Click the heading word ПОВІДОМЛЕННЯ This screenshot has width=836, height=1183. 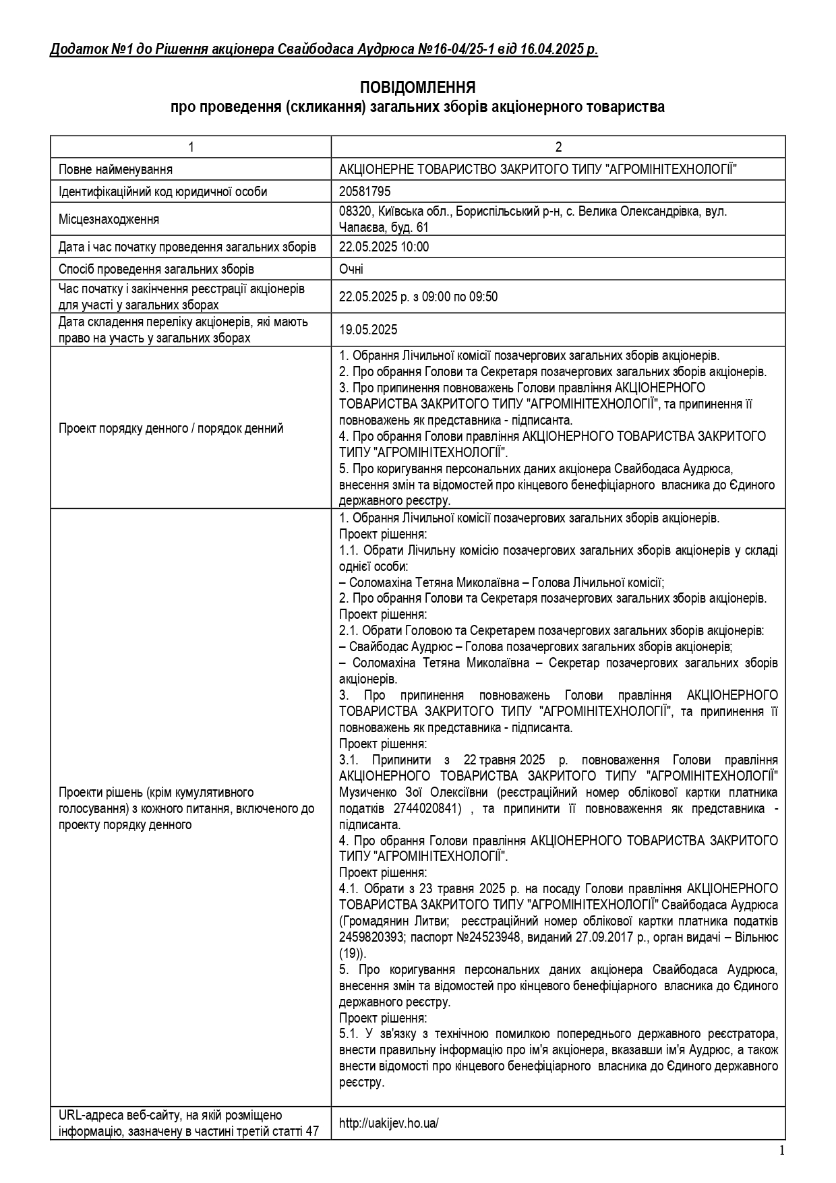pyautogui.click(x=417, y=88)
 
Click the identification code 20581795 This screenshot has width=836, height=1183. pyautogui.click(x=365, y=191)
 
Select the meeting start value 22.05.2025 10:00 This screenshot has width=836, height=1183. pyautogui.click(x=384, y=247)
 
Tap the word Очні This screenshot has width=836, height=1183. pyautogui.click(x=351, y=269)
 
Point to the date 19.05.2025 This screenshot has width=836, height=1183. pyautogui.click(x=368, y=330)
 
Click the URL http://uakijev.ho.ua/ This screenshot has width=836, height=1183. pyautogui.click(x=389, y=1123)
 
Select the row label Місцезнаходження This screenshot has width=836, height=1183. pyautogui.click(x=109, y=219)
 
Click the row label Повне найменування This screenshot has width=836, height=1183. pyautogui.click(x=115, y=169)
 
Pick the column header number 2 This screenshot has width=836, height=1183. pyautogui.click(x=558, y=147)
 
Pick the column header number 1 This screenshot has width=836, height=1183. pyautogui.click(x=191, y=147)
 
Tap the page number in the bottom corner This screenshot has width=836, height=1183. pyautogui.click(x=781, y=1151)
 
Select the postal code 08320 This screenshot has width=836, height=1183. pyautogui.click(x=354, y=211)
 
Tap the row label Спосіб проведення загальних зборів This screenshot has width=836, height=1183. pyautogui.click(x=156, y=269)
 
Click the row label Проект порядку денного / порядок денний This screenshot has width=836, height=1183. pyautogui.click(x=171, y=428)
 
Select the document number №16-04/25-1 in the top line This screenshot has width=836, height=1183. pyautogui.click(x=462, y=50)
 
